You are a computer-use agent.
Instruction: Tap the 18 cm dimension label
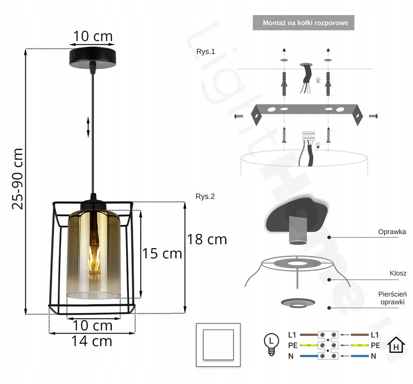(206, 239)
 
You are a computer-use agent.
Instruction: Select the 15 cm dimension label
(162, 254)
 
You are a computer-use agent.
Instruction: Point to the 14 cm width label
(92, 341)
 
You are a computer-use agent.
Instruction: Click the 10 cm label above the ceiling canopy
(93, 36)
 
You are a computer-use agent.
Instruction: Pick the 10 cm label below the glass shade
(92, 325)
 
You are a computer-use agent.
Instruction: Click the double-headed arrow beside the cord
(88, 127)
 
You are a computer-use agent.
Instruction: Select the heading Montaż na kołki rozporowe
(305, 23)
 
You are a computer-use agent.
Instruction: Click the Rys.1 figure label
(206, 51)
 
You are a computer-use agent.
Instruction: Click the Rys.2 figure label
(205, 197)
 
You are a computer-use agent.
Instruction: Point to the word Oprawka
(392, 232)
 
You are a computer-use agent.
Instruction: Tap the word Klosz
(398, 273)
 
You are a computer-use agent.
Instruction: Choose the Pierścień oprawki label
(392, 298)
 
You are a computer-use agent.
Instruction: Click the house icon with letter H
(396, 345)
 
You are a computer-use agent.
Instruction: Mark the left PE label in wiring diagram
(293, 345)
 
